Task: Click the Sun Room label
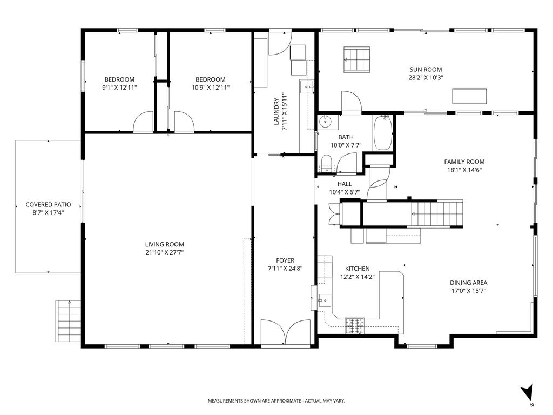[426, 70]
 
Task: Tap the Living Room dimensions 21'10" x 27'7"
[165, 252]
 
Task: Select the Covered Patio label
[48, 204]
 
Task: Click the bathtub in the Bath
[383, 133]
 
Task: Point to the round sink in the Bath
[325, 122]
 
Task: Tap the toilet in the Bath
[327, 164]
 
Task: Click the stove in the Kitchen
[354, 325]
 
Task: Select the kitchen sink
[325, 300]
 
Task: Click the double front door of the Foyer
[286, 331]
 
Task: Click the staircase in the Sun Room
[356, 59]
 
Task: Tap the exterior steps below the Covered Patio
[69, 321]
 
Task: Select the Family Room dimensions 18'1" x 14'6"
[464, 170]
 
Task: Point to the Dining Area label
[468, 283]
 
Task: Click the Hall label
[345, 184]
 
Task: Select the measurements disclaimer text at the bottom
[276, 401]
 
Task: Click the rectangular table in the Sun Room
[469, 96]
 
